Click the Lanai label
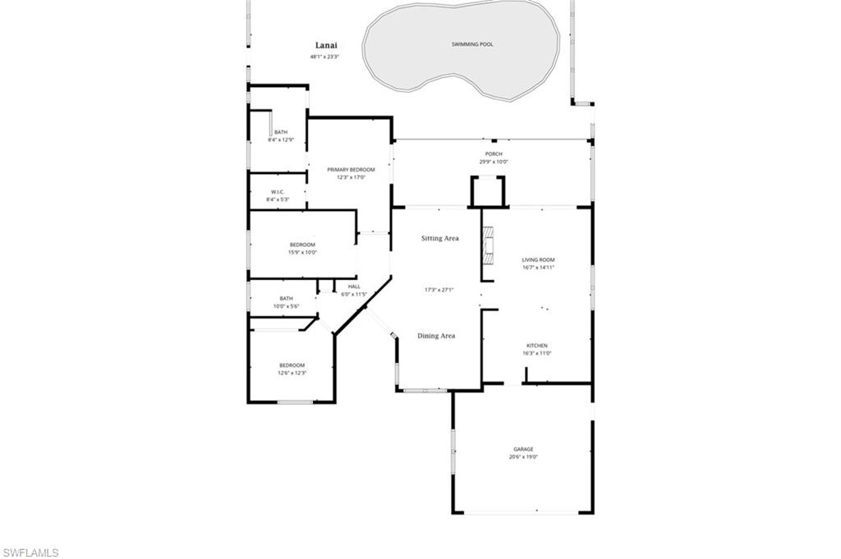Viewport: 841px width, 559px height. [326, 46]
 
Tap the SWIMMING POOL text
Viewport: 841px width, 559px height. [472, 44]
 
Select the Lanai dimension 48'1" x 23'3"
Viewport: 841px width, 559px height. [324, 57]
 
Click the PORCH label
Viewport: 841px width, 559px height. [494, 153]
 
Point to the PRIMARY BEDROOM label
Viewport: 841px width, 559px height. [351, 169]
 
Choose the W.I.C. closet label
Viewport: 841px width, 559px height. [277, 191]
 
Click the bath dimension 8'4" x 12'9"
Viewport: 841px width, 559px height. [281, 140]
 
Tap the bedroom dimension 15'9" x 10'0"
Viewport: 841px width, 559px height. [302, 252]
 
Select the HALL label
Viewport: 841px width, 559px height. [354, 286]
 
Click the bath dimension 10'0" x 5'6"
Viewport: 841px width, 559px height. [286, 306]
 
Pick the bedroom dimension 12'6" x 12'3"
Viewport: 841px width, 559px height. [292, 373]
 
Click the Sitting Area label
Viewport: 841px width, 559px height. [439, 238]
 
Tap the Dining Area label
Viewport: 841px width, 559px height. [436, 336]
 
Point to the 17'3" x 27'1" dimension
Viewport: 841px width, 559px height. [439, 289]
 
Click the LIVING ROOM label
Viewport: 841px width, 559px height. [538, 260]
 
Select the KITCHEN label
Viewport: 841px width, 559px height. [537, 346]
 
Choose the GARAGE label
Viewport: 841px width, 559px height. [523, 449]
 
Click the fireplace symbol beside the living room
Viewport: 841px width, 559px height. [489, 245]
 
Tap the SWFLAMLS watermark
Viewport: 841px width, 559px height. [30, 552]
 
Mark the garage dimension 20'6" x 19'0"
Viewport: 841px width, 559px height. [523, 457]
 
